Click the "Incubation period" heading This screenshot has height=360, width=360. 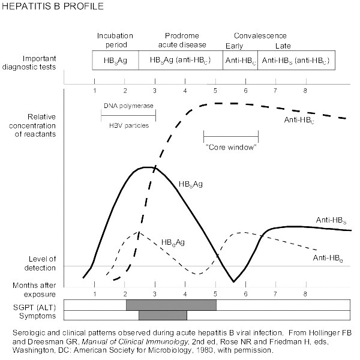point(115,40)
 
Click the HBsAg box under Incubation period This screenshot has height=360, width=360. point(116,61)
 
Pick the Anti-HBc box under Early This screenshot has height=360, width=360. point(240,61)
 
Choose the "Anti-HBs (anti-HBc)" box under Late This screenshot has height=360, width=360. point(296,61)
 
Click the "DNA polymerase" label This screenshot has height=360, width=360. point(128,106)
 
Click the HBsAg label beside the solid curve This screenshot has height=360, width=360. point(190,184)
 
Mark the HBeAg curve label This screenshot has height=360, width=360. point(172,242)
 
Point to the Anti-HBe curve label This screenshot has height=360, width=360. point(328,257)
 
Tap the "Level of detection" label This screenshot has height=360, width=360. point(38,263)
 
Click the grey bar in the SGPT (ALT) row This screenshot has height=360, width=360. point(171,305)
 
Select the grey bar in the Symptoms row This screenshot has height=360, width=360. point(163,315)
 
